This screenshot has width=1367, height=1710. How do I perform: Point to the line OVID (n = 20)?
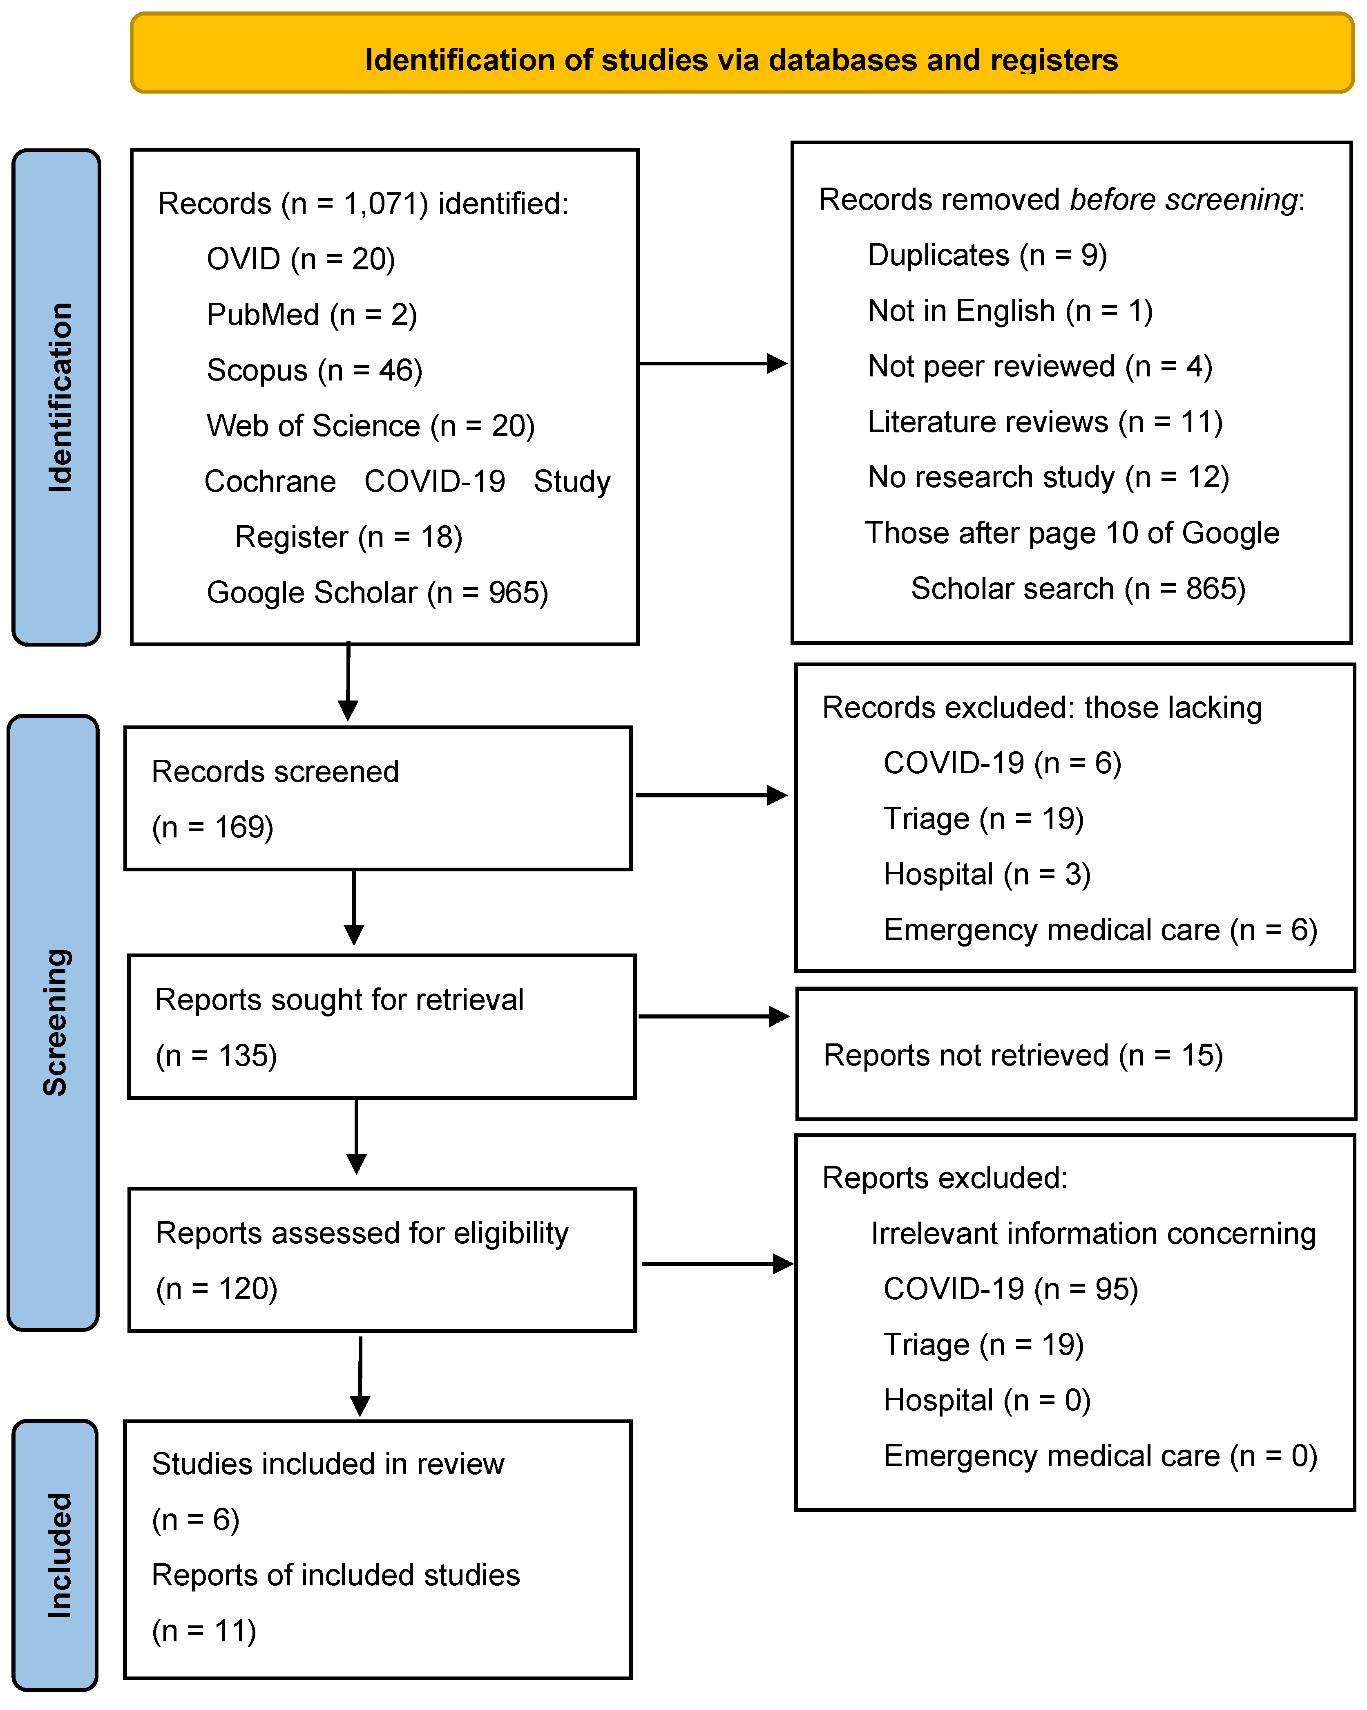click(301, 260)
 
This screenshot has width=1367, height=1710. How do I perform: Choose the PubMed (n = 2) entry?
click(312, 315)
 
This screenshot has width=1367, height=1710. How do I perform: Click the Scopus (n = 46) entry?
click(314, 370)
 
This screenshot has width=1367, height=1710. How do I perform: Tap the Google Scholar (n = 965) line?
click(377, 593)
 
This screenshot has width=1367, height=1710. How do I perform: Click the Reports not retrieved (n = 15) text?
click(1023, 1056)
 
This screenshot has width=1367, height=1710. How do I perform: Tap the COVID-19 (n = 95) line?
click(1010, 1289)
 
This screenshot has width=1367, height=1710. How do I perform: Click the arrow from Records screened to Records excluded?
click(711, 795)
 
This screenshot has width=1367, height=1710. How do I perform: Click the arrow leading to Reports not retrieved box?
click(714, 1016)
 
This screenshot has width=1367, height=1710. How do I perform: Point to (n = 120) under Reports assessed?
click(217, 1289)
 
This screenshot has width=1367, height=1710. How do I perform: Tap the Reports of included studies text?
click(335, 1575)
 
